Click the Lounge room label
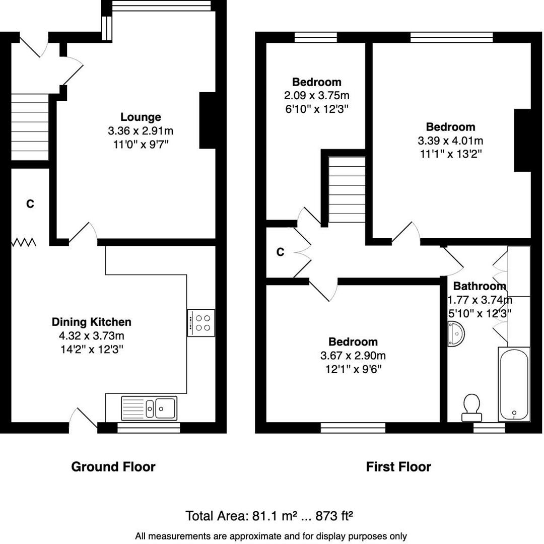click(x=141, y=117)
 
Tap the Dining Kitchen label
click(x=91, y=322)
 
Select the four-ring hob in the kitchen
click(x=201, y=323)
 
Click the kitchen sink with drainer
click(x=149, y=408)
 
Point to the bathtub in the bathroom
click(x=514, y=384)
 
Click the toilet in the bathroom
click(x=471, y=407)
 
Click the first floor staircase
click(x=347, y=189)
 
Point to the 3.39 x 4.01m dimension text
click(x=450, y=141)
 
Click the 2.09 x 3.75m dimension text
click(x=317, y=95)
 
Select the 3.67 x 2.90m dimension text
click(x=353, y=356)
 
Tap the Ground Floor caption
click(x=113, y=467)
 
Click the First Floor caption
click(x=398, y=467)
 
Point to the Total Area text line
click(x=269, y=516)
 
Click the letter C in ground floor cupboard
click(x=30, y=204)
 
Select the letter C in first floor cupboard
click(x=280, y=252)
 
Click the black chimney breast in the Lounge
click(x=208, y=120)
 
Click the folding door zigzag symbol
click(x=24, y=243)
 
